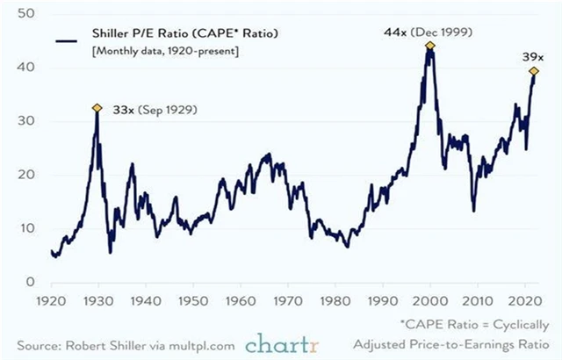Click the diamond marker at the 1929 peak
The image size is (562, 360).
(97, 108)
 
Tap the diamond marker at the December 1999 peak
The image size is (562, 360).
(430, 46)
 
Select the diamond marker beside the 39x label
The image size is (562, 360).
(533, 71)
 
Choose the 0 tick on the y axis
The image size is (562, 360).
(29, 282)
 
